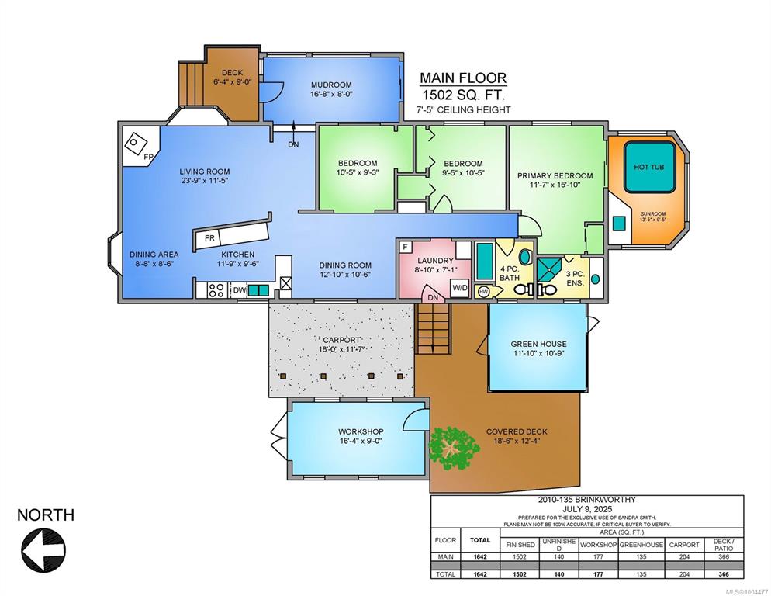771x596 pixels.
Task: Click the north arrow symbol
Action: [x=43, y=549]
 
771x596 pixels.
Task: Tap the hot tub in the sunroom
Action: [x=649, y=167]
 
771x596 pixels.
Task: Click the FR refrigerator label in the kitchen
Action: [x=209, y=238]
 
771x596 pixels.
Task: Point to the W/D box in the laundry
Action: [x=460, y=288]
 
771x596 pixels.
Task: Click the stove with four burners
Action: [x=216, y=289]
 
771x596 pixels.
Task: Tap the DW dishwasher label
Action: [x=240, y=290]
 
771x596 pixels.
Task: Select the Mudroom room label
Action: [x=331, y=85]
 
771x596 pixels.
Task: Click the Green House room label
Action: [x=538, y=344]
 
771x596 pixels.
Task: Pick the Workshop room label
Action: [x=361, y=431]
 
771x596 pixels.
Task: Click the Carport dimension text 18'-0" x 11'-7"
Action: [x=341, y=349]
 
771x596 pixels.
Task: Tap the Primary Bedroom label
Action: [x=555, y=175]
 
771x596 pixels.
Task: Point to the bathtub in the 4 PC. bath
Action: [x=485, y=261]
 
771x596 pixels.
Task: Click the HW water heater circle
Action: [x=483, y=291]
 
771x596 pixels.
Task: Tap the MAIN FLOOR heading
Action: [x=463, y=78]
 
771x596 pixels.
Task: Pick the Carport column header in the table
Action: [x=684, y=545]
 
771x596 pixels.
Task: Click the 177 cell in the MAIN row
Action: [x=598, y=557]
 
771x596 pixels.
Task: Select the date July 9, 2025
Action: [x=587, y=508]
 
